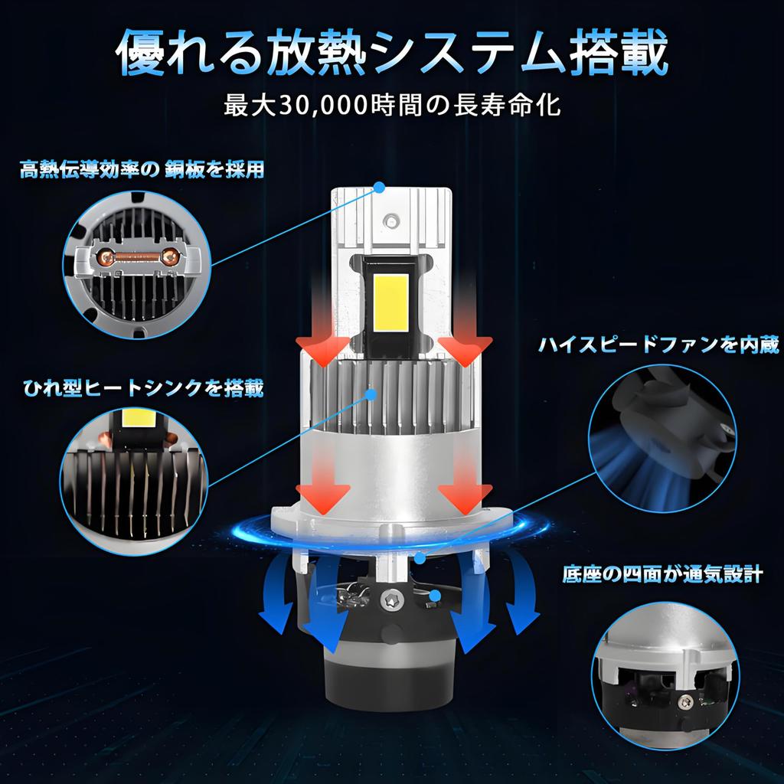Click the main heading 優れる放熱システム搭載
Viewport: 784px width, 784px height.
pos(391,52)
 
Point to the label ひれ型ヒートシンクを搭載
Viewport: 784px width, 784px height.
pos(142,389)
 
